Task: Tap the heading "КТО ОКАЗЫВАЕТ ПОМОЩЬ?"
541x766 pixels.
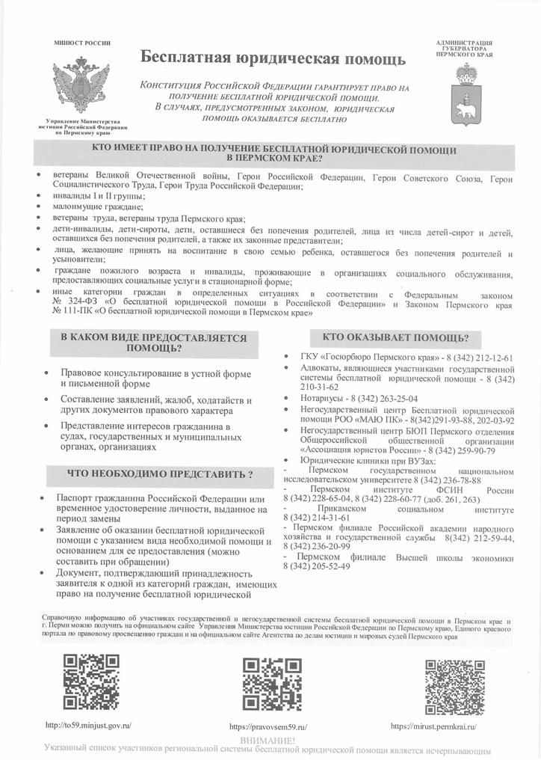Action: pyautogui.click(x=400, y=337)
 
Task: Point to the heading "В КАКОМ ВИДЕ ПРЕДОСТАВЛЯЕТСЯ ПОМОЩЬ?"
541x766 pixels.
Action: pyautogui.click(x=153, y=343)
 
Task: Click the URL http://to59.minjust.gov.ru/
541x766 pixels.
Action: pyautogui.click(x=88, y=725)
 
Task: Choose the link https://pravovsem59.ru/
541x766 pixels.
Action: pyautogui.click(x=268, y=726)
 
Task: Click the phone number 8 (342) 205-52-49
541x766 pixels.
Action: pyautogui.click(x=317, y=566)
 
